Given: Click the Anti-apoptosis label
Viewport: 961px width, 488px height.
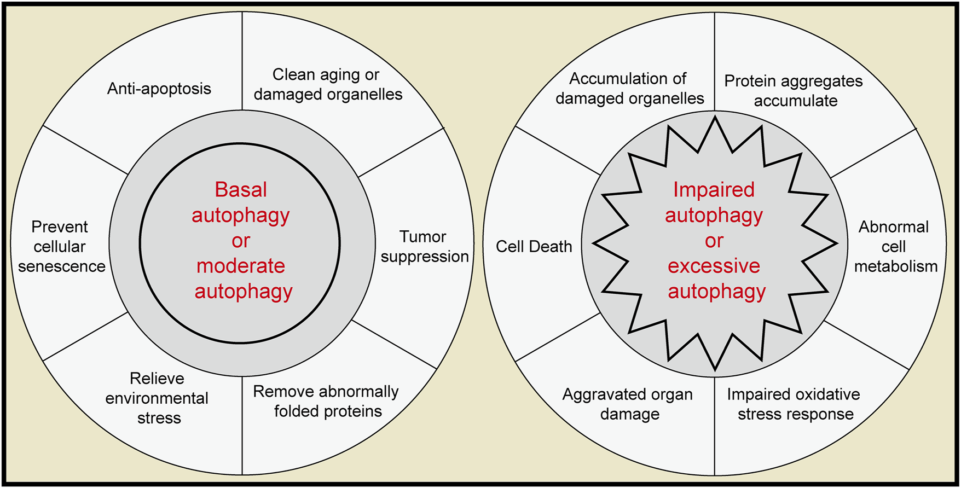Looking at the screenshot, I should click(159, 89).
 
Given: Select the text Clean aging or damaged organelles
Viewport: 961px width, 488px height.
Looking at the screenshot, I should click(327, 84).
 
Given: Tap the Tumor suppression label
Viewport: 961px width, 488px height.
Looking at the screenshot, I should click(424, 246).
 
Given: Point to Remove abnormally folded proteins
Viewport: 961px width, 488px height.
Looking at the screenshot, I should click(327, 401).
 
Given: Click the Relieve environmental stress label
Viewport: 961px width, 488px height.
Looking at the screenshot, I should click(157, 398).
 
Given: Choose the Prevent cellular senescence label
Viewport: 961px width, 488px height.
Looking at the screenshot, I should click(61, 246).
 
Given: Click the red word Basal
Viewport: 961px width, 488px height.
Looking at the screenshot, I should click(241, 190).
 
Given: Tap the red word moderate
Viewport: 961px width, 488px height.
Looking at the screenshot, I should click(241, 266).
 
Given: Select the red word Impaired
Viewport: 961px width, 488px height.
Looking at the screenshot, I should click(714, 190).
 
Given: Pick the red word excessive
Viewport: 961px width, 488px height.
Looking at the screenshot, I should click(714, 266).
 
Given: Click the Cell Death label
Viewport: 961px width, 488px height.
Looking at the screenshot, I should click(534, 247).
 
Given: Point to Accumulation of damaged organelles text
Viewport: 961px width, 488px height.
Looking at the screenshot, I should click(629, 88).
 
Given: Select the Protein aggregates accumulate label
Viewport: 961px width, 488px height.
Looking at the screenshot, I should click(794, 90).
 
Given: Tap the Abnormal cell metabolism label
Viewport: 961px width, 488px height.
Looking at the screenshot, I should click(895, 246).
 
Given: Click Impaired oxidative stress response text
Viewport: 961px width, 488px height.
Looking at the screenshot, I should click(794, 404).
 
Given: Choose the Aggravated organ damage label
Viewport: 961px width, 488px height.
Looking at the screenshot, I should click(628, 404).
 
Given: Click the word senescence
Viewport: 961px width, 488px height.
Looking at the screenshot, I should click(62, 266).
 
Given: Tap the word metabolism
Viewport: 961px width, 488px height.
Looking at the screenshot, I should click(896, 266).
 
